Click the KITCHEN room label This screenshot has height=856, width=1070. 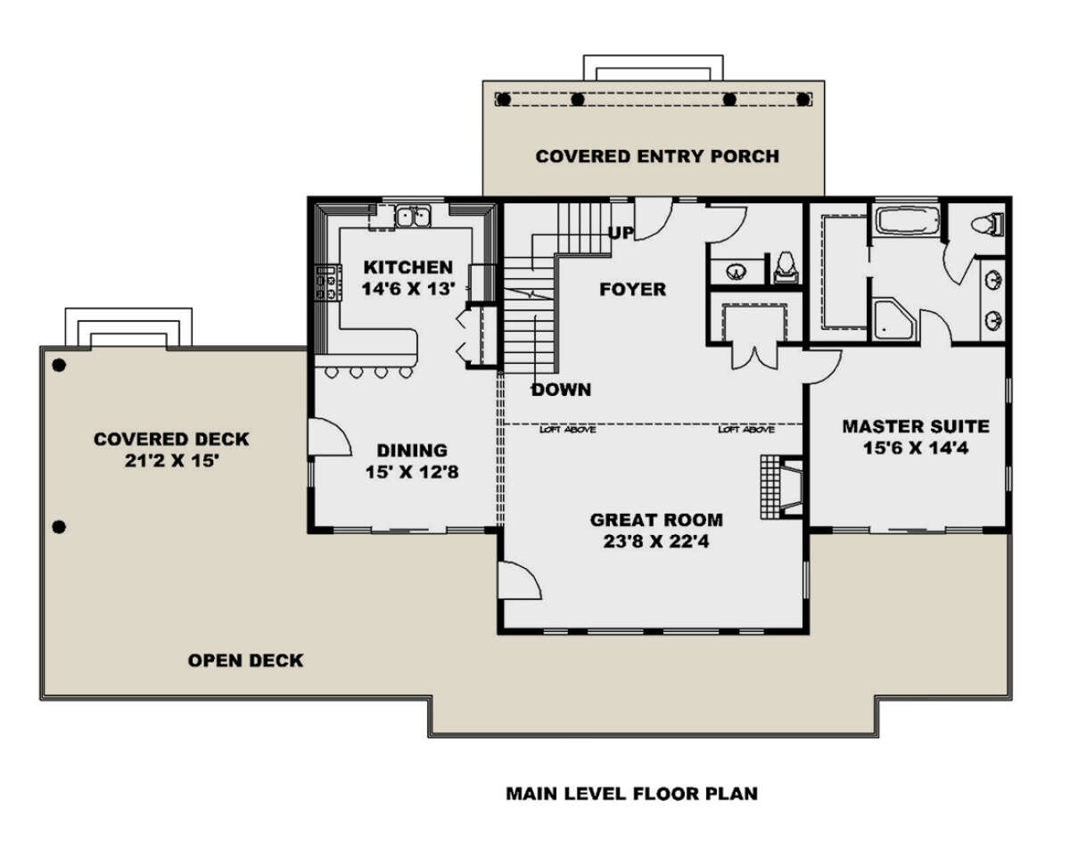408,267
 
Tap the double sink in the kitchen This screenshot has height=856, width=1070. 414,217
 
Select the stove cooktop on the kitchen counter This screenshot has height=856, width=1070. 328,283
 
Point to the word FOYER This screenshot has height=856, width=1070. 632,290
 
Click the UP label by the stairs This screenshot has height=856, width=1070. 621,232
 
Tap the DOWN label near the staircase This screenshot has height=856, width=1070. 562,390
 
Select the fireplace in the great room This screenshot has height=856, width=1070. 782,487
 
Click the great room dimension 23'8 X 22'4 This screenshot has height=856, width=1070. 656,541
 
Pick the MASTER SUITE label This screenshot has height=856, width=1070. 916,427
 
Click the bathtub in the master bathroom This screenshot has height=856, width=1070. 908,220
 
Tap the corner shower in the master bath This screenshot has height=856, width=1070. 894,320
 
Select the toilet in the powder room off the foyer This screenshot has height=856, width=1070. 786,268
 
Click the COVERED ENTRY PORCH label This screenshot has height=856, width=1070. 657,157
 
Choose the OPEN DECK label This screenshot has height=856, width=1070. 245,661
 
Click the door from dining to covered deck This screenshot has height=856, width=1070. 329,437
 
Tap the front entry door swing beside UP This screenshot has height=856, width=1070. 654,218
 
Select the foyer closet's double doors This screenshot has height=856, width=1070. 754,358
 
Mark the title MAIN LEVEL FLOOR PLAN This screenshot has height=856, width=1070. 632,794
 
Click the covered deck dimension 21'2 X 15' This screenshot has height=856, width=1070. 171,461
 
